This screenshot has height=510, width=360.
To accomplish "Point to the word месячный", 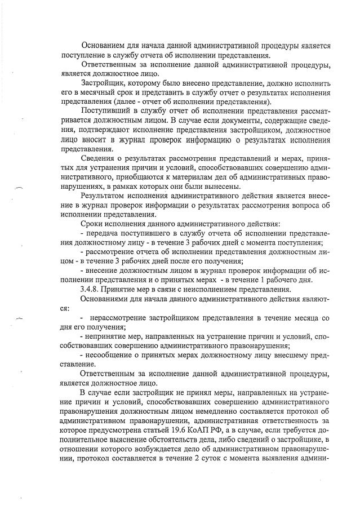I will pos(96,91).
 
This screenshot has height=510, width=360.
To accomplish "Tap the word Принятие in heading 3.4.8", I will pos(125,289).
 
